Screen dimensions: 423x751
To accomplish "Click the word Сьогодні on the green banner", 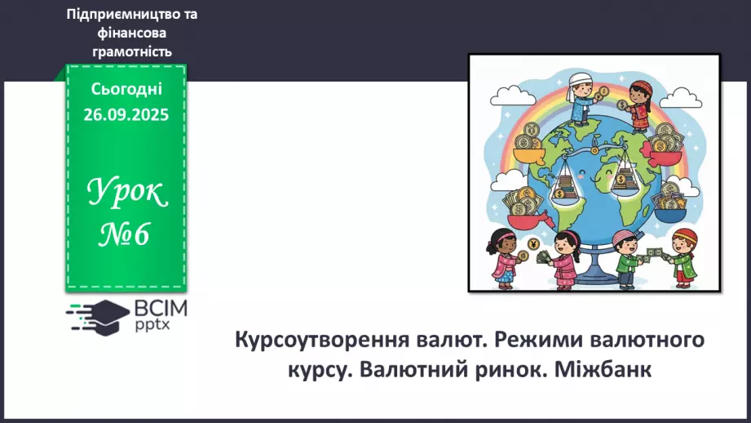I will pos(126,89).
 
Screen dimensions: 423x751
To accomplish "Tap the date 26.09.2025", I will pos(126,115).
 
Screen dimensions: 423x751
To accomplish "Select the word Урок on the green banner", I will pos(126,195).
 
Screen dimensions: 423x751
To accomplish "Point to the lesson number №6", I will pos(126,234).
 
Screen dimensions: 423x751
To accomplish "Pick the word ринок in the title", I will pos(510,368).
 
